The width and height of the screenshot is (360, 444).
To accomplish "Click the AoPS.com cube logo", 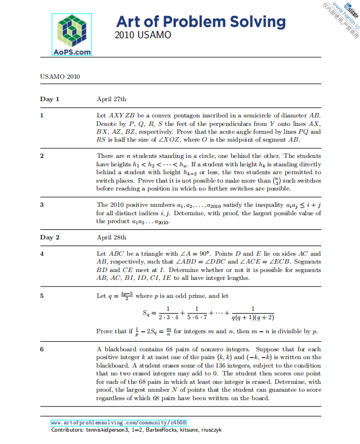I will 72,34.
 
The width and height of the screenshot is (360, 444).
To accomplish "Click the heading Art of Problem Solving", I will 201,22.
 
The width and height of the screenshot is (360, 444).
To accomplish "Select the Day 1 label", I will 49,99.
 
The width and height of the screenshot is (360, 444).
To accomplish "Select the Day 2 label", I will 49,237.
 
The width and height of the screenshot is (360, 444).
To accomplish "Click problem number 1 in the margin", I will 42,115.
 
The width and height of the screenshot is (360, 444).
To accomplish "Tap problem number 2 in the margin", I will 42,156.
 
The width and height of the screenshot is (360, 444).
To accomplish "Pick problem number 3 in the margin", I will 42,205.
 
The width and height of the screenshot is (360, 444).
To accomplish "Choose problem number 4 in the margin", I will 42,253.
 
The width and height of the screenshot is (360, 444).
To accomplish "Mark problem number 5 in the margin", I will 42,295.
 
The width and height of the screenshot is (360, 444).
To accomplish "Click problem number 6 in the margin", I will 42,350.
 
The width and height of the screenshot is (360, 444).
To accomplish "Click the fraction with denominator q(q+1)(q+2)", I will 253,312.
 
